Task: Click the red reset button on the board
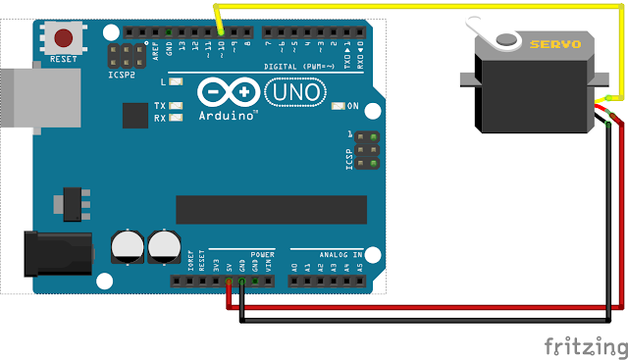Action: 64,37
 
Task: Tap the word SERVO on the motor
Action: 556,45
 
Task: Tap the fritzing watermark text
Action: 585,346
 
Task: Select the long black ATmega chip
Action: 271,208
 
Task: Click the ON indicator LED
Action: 339,106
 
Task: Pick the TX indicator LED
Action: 177,106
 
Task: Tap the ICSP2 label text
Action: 122,74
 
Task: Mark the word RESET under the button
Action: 64,59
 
